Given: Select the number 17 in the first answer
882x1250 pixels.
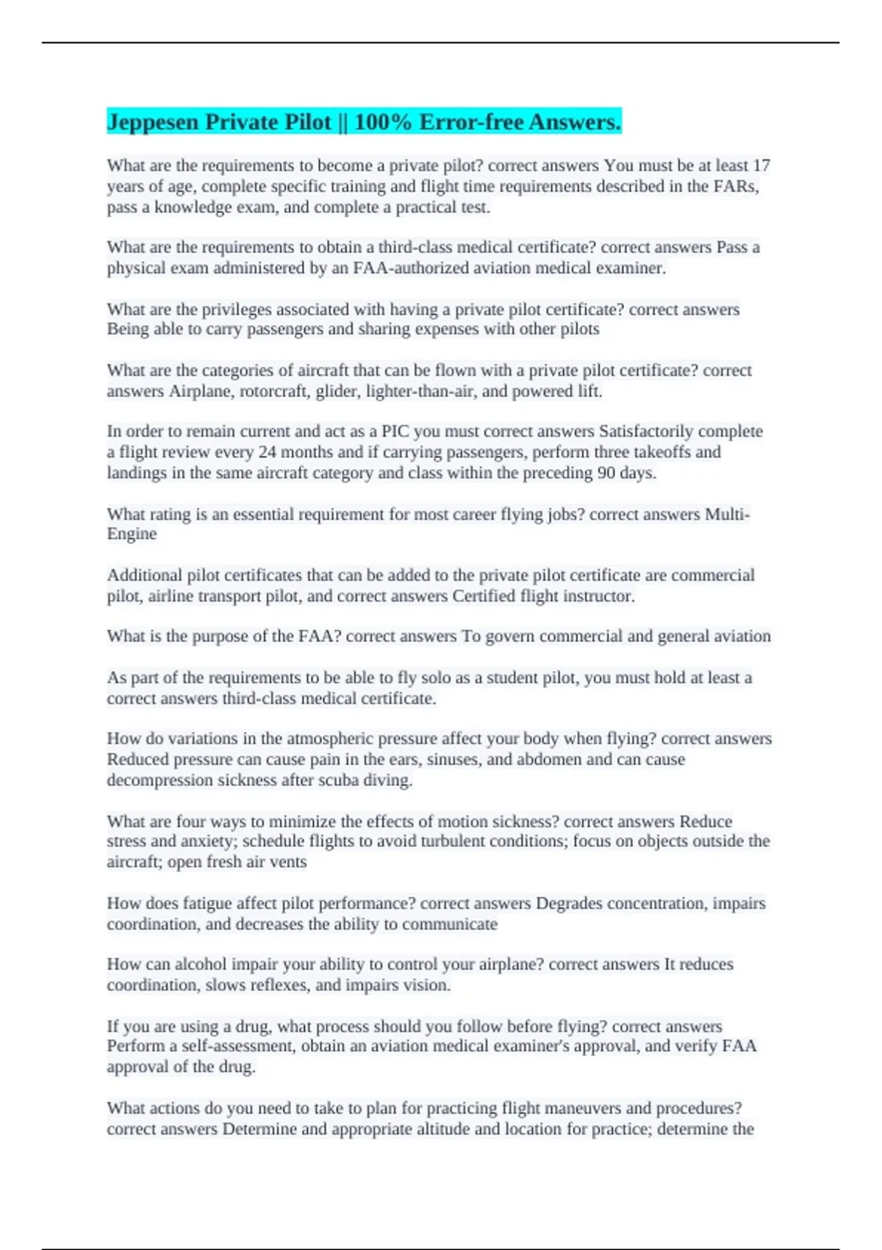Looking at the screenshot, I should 761,165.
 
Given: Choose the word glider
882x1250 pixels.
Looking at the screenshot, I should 337,391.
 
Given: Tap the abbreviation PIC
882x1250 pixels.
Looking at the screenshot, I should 395,431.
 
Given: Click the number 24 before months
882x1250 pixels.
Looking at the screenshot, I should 268,451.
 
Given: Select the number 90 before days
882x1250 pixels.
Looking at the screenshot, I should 606,472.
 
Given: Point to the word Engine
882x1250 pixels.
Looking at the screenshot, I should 132,534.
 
